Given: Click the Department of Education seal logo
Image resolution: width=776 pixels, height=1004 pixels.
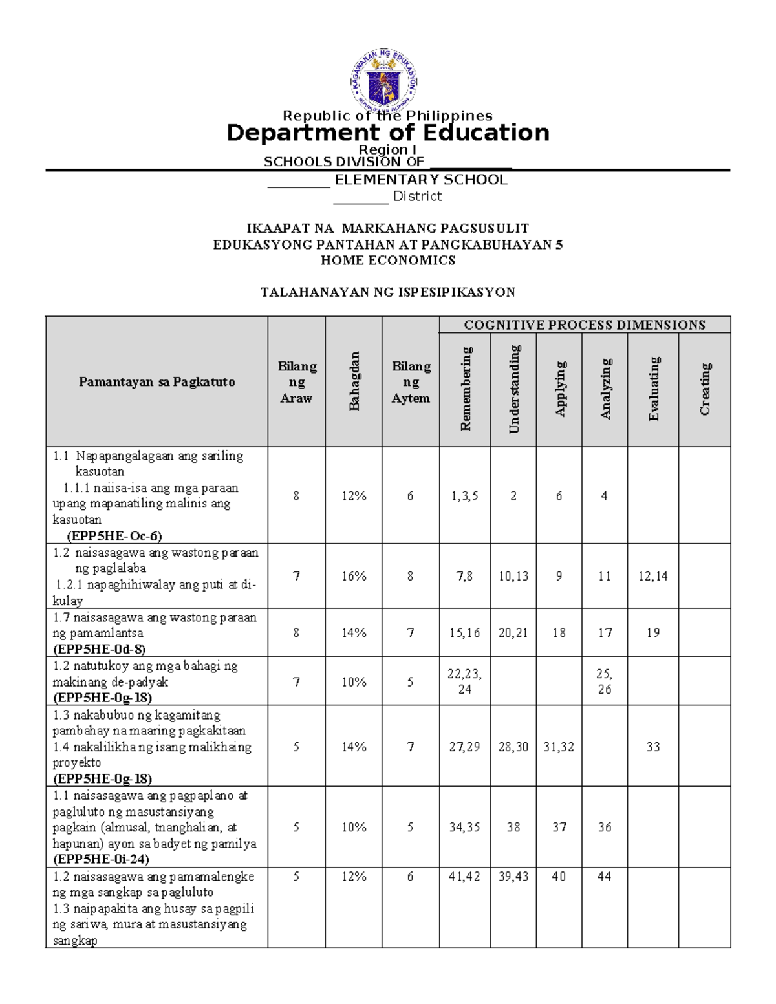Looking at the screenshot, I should [x=384, y=80].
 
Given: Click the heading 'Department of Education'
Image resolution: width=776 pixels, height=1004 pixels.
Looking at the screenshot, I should [x=388, y=133].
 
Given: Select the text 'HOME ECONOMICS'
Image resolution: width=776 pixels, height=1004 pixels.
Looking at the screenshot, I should [x=388, y=261].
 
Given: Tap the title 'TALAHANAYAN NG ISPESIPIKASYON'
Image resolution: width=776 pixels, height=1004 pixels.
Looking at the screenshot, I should [x=388, y=292].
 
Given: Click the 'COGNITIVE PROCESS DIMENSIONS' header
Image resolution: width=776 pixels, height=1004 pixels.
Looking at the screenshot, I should [x=585, y=325].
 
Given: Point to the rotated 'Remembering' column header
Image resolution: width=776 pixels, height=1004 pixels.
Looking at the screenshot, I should [x=466, y=389].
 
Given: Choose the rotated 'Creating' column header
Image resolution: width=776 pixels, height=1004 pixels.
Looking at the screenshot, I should [x=705, y=389].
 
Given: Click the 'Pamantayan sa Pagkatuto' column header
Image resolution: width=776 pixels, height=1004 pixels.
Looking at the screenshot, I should [x=156, y=382].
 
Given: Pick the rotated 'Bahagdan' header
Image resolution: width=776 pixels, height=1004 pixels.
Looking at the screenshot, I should [x=354, y=381].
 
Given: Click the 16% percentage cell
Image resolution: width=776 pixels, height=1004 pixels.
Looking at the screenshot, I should [x=354, y=576].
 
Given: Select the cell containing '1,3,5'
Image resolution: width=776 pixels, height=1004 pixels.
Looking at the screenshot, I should [x=465, y=496].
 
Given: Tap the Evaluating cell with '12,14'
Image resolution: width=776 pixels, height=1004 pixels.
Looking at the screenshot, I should [x=653, y=576].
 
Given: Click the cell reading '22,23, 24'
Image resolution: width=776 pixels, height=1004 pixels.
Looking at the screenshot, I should [x=465, y=681].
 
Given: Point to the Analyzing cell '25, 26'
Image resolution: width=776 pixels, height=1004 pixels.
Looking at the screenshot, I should [x=605, y=681].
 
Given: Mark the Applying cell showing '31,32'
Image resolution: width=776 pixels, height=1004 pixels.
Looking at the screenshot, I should [x=559, y=747].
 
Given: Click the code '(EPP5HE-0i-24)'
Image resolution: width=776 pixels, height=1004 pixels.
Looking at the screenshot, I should [x=101, y=859].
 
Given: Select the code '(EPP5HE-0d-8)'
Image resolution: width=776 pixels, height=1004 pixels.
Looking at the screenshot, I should [x=99, y=649].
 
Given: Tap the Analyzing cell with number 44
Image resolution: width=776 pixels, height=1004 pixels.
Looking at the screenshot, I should [x=605, y=877].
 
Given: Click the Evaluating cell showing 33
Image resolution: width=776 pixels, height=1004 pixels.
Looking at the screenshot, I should [x=653, y=747].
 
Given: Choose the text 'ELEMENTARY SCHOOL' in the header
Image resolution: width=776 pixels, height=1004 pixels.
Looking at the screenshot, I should [x=420, y=180].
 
